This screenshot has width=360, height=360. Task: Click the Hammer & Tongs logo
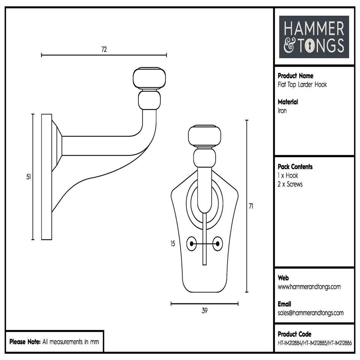[x=314, y=37]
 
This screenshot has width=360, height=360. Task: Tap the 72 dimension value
[x=104, y=49]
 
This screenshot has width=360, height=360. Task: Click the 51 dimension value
[x=28, y=177]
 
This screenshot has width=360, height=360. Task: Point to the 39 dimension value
[x=204, y=310]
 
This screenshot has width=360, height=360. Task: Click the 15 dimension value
[x=172, y=244]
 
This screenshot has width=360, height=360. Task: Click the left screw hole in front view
[x=192, y=244]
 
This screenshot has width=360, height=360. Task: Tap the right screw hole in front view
[x=217, y=244]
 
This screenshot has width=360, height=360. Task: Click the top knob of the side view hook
[x=149, y=78]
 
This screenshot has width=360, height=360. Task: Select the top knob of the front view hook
[x=204, y=135]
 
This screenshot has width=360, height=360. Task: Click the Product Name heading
[x=295, y=76]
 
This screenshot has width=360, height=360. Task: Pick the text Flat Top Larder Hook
[x=302, y=84]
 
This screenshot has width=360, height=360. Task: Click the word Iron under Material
[x=282, y=111]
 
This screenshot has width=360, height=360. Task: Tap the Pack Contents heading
[x=295, y=167]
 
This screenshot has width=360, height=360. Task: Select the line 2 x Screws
[x=290, y=184]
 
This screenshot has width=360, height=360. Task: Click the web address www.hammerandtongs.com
[x=309, y=287]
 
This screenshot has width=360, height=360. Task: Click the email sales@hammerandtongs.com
[x=310, y=313]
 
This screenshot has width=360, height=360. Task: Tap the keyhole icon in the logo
[x=310, y=46]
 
